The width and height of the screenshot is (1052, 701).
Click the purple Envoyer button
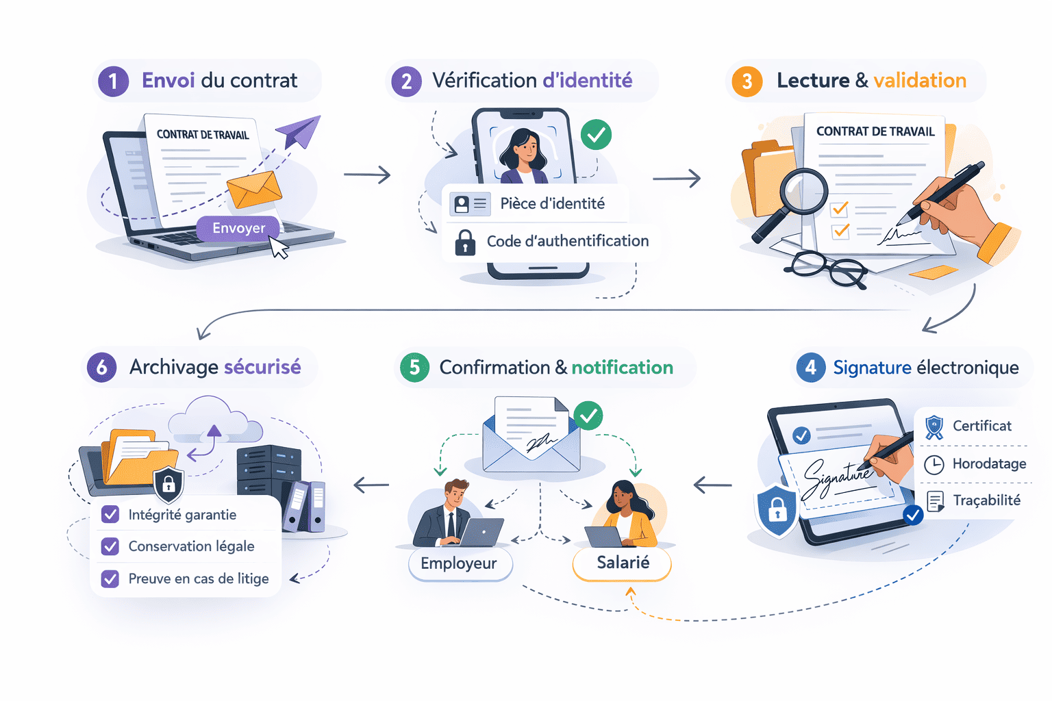coord(238,228)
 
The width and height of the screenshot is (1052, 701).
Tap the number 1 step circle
coord(113,81)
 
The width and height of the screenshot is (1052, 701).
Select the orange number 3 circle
coord(747,81)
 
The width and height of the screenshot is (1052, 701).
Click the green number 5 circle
coord(414,368)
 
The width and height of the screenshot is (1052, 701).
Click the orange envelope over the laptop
coord(254,189)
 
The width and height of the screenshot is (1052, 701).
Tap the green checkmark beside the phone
coord(596,135)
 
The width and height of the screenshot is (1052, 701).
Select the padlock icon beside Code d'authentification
coord(465,242)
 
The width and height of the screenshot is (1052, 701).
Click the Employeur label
coord(460,563)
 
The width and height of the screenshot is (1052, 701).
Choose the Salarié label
coord(622,563)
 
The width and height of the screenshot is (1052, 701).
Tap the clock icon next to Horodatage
coord(934,464)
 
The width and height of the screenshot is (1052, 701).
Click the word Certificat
coord(981,426)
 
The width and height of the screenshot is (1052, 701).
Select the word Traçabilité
coord(986,500)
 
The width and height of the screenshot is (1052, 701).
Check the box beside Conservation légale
coord(110,546)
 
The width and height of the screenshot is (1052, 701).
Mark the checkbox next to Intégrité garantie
coord(110,515)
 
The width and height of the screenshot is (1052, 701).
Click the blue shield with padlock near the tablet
coord(777,510)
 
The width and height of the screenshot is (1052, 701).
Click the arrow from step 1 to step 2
coord(367,175)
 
